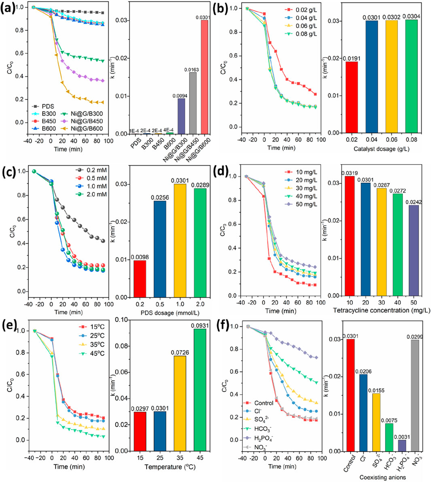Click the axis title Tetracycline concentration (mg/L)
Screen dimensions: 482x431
click(381, 311)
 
